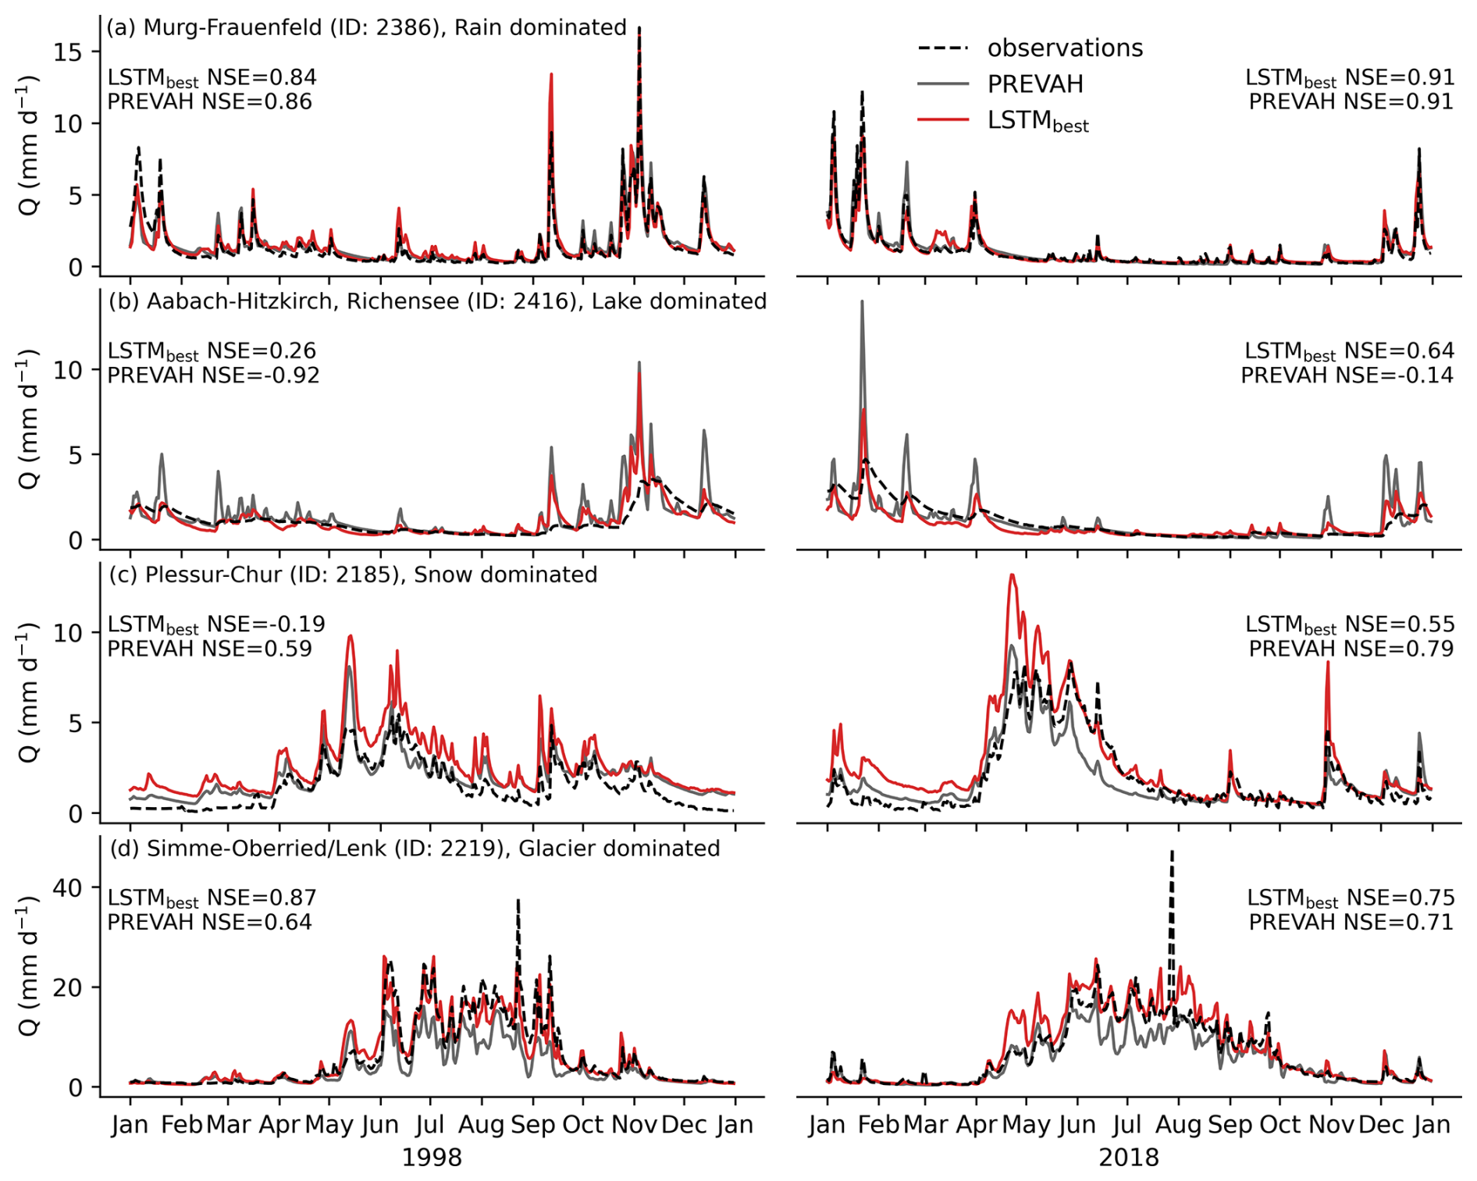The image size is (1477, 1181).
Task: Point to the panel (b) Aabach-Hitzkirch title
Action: pos(437,301)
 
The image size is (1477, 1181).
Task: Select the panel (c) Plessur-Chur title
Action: pos(353,574)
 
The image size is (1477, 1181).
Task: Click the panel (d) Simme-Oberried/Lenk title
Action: pos(414,848)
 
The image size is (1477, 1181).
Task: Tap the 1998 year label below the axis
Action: pos(432,1157)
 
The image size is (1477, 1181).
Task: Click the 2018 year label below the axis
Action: pos(1129,1157)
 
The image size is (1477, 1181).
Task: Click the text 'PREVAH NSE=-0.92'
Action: pos(213,375)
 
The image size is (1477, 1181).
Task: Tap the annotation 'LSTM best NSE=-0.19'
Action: pos(215,625)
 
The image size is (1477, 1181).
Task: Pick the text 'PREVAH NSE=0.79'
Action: pos(1351,649)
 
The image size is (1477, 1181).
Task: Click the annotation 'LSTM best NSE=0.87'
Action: pos(212,898)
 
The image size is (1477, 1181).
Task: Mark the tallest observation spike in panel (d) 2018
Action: pos(1172,853)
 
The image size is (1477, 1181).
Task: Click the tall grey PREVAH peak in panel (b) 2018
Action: pos(862,303)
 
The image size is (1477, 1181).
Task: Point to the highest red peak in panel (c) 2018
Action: pos(1013,576)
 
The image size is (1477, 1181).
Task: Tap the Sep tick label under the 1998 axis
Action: pos(532,1125)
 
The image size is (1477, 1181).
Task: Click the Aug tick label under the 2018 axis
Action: pos(1177,1125)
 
